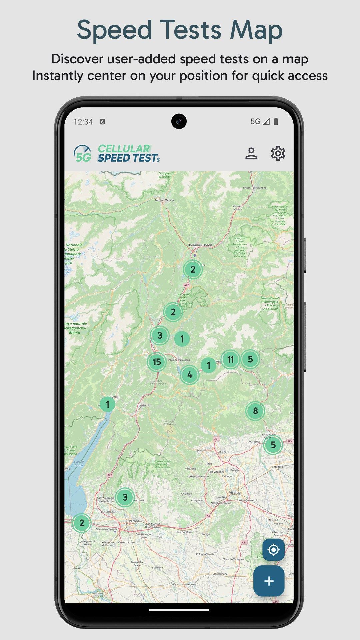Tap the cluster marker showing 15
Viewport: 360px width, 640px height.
click(157, 362)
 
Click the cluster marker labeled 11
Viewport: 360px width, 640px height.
click(230, 359)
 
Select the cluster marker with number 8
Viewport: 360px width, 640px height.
click(255, 411)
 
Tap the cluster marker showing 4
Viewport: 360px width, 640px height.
click(190, 375)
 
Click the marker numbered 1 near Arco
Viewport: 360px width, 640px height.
click(107, 404)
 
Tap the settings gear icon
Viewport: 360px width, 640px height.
click(278, 154)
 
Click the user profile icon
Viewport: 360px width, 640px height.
click(251, 154)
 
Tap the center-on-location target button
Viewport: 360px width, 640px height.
click(273, 550)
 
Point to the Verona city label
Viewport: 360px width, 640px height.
click(134, 521)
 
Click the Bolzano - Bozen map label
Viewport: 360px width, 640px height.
click(200, 245)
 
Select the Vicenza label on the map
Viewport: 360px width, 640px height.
click(235, 493)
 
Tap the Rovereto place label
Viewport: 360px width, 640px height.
click(144, 405)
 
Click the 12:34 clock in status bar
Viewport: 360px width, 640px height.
click(83, 122)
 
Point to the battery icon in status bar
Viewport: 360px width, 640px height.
click(276, 122)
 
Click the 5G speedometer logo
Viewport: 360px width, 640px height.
click(82, 154)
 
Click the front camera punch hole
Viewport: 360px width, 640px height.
click(179, 121)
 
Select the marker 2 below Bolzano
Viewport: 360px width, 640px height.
click(193, 269)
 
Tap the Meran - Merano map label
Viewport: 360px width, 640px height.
click(164, 200)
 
